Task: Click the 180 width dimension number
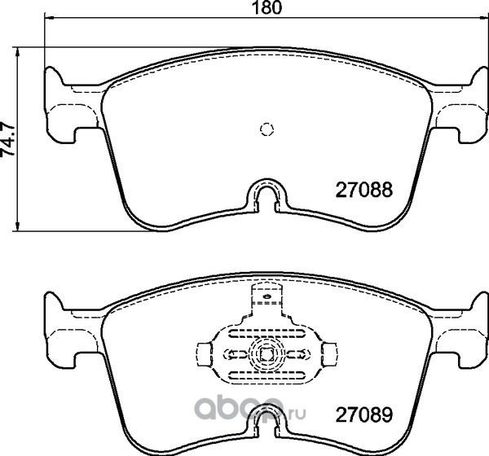pos(267,7)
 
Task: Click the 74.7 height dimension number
pos(7,138)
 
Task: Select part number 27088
pos(363,190)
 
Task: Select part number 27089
pos(363,414)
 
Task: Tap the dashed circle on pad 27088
pos(267,129)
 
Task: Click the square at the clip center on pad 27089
pos(267,354)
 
